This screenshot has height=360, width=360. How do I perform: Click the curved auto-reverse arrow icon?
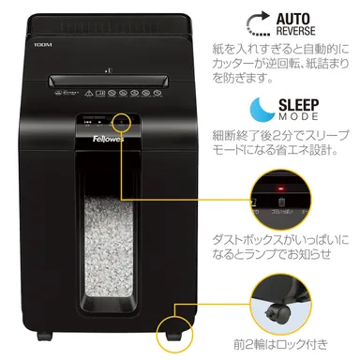coord(254,23)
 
